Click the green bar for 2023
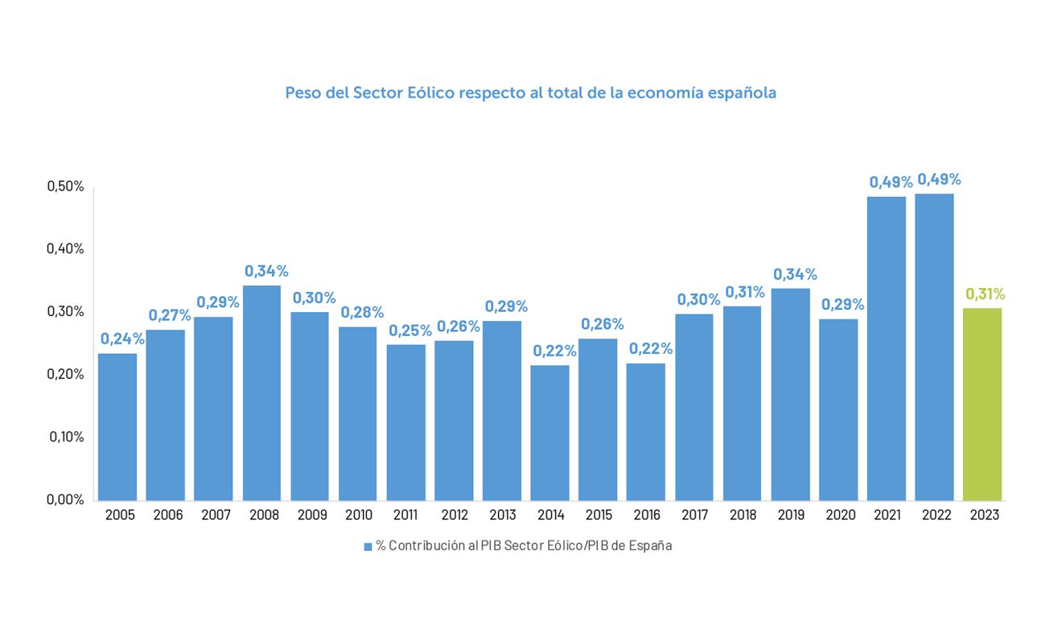point(982,404)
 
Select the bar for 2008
point(261,392)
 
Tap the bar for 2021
point(887,348)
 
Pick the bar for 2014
point(550,433)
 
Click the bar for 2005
point(117,426)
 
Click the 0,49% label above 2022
point(939,179)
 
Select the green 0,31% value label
point(986,294)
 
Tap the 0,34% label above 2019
point(795,274)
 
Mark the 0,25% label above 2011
point(410,331)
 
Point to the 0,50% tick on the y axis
point(65,187)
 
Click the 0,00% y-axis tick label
point(65,499)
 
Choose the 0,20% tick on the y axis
point(65,375)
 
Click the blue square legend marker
point(368,546)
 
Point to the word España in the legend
point(651,546)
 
